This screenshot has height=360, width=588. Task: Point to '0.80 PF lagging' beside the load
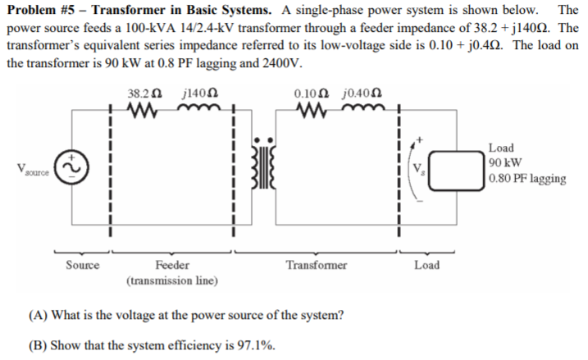coord(526,178)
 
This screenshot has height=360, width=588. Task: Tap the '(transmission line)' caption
coord(171,280)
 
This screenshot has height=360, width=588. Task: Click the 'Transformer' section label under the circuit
coord(317,265)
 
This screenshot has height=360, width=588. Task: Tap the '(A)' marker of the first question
coord(37,316)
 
